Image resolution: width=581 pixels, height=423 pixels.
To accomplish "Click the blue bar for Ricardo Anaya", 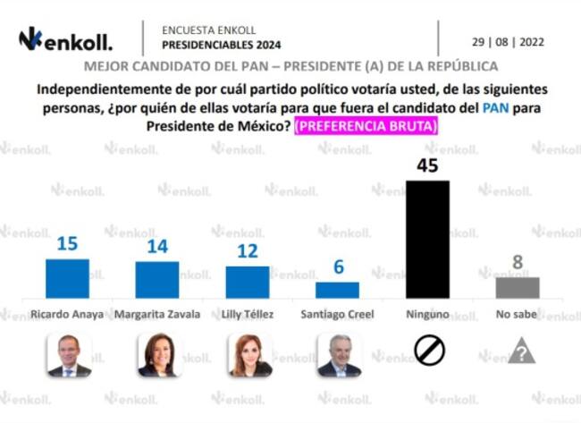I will point(67,278).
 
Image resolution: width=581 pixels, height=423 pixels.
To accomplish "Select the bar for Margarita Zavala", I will point(156,280).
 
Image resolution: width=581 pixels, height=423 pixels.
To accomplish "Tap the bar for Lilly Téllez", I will point(248,282).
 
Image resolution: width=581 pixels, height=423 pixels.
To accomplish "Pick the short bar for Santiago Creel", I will point(338,290).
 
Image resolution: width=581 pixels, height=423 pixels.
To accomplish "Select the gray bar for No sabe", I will point(518,287).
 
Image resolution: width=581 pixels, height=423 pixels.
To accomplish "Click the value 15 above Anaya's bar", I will point(67,244).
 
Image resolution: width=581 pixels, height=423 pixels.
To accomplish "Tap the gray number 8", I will point(518,263).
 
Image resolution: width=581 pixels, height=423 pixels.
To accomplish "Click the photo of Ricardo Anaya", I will point(69,355).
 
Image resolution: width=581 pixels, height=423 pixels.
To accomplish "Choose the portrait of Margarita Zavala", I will point(158,355).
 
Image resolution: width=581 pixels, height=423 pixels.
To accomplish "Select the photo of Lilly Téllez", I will point(248,355).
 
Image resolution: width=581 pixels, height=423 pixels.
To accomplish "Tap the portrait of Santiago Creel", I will point(339,355).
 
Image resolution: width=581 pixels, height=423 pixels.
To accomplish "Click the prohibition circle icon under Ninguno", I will point(429,350).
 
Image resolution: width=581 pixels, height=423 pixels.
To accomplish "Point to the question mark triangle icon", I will point(521,350).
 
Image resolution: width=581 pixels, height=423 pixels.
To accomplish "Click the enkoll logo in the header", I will point(65,40).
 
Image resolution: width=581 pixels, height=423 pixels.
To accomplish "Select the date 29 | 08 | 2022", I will point(508,41).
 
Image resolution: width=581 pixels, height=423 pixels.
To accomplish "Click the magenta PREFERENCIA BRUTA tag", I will point(366,127).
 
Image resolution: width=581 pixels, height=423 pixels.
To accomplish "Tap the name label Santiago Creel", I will point(339,315).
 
